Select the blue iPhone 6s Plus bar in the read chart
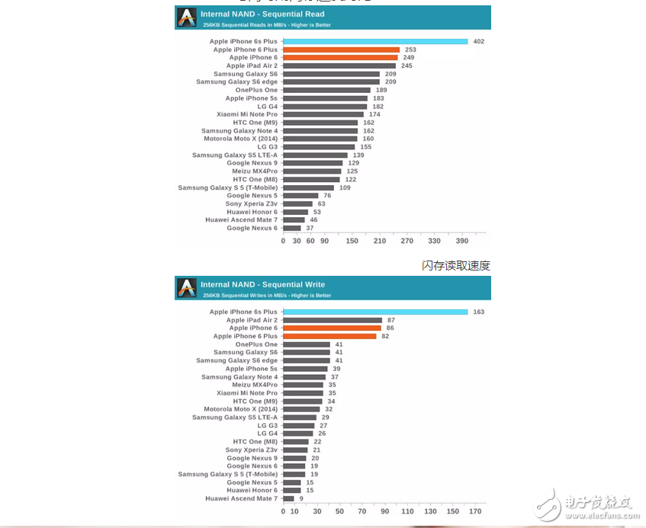374,41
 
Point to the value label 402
478,41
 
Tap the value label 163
478,312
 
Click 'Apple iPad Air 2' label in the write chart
252,320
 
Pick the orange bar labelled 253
341,50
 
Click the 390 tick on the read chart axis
461,241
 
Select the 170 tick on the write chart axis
475,511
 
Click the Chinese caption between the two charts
455,265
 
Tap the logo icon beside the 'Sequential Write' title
187,287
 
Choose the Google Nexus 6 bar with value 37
292,228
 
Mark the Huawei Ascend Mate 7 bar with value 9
288,498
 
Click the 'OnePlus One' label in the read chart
256,90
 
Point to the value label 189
381,90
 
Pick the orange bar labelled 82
329,336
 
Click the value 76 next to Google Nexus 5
326,196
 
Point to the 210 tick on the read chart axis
379,241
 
